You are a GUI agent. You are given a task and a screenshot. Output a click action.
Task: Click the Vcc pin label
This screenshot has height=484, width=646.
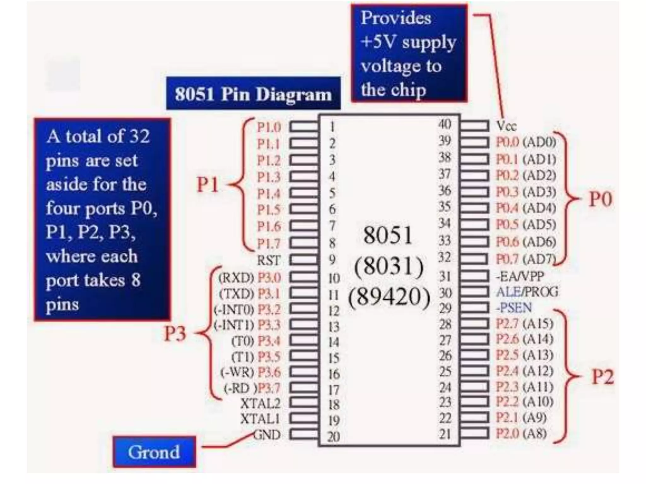507,126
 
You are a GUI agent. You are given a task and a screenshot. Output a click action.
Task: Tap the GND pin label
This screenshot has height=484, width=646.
267,435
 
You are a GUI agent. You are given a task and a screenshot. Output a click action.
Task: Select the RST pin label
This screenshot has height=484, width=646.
268,260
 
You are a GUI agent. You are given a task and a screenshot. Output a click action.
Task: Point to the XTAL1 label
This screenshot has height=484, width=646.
260,419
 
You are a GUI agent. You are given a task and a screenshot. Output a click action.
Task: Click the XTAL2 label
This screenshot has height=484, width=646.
260,403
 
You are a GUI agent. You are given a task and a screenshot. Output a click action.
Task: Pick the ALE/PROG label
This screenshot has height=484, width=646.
527,292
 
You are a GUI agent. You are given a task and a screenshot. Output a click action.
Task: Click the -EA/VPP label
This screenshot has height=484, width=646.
520,276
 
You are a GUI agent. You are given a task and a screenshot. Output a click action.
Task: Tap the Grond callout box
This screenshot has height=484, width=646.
154,452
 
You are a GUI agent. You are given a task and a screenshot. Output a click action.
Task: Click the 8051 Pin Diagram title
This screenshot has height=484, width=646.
253,94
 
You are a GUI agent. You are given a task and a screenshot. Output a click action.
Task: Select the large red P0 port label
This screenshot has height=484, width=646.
601,199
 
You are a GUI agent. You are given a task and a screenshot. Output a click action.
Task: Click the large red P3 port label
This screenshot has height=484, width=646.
175,333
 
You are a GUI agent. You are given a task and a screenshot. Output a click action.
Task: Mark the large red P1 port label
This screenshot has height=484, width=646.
208,184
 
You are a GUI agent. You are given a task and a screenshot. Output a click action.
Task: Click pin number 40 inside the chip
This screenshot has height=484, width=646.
445,124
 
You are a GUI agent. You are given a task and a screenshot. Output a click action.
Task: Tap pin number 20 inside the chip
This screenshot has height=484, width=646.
333,436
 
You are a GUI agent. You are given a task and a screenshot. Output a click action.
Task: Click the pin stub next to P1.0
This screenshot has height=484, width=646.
304,127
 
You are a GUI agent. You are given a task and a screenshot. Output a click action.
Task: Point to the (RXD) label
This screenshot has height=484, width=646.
236,278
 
